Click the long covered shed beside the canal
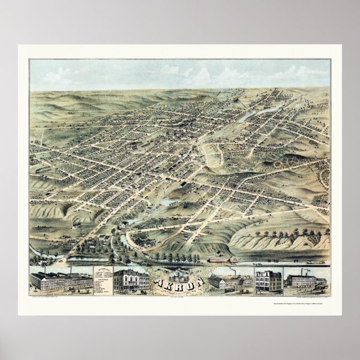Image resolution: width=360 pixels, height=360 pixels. click(x=218, y=260)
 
